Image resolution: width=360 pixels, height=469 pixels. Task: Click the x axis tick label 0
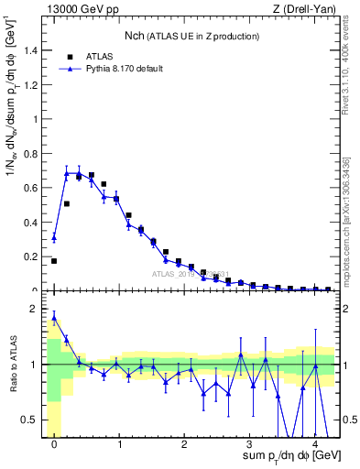tap(54, 445)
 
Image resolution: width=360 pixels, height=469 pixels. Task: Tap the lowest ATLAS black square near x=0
tap(54, 261)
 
